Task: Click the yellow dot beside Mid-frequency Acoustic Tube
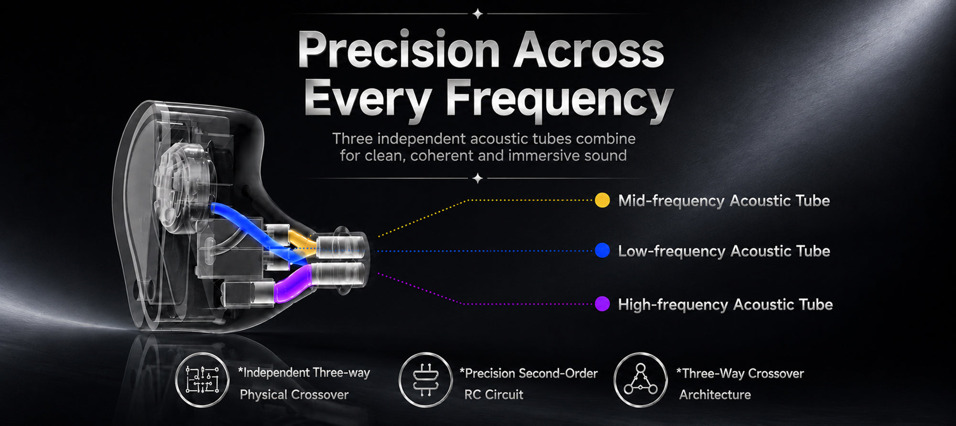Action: [602, 200]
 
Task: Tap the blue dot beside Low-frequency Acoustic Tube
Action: [602, 251]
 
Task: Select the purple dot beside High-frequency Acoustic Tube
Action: [602, 304]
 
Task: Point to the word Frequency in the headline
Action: [559, 100]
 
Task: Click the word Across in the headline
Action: [589, 50]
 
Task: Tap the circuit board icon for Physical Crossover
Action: [202, 380]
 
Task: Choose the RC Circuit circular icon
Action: [425, 380]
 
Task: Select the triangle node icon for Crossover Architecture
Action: [641, 380]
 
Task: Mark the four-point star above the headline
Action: [478, 14]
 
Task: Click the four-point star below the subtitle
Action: [478, 178]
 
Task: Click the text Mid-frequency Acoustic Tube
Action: [724, 201]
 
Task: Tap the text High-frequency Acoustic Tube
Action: [725, 305]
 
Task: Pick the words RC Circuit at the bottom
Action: [494, 394]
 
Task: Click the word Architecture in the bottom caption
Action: [715, 394]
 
